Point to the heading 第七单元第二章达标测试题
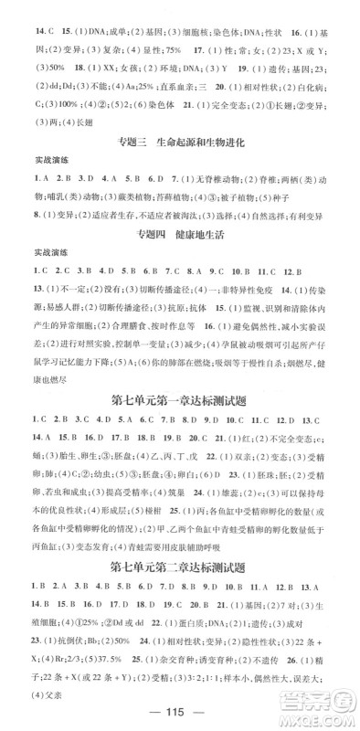coord(180,574)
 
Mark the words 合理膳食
coord(107,326)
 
